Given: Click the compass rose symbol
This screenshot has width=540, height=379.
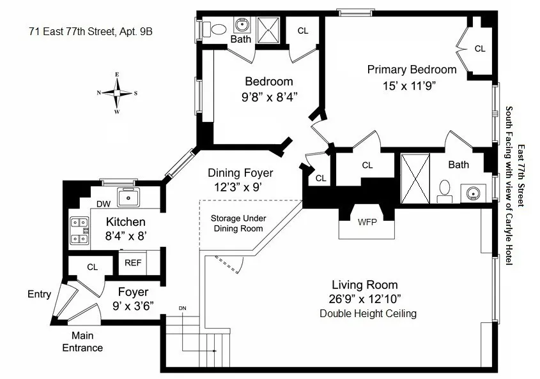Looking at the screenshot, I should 117,93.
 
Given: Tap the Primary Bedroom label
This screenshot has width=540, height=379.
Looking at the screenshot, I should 412,70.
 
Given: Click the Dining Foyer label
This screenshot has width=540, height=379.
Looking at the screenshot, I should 240,173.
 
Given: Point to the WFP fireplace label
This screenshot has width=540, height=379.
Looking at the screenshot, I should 367,222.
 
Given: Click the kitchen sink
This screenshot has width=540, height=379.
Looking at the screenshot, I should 128,197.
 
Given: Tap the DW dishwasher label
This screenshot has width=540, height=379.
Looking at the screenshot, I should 104,204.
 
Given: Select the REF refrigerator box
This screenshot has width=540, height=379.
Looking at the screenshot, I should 133,262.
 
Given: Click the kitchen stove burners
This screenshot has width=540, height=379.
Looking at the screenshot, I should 79,231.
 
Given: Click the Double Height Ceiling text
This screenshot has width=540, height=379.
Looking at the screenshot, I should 367,313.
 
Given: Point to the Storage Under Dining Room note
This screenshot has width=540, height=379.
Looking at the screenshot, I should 238,223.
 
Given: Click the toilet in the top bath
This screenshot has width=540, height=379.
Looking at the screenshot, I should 217,28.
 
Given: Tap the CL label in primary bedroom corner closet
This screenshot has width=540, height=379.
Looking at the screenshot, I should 479,48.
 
